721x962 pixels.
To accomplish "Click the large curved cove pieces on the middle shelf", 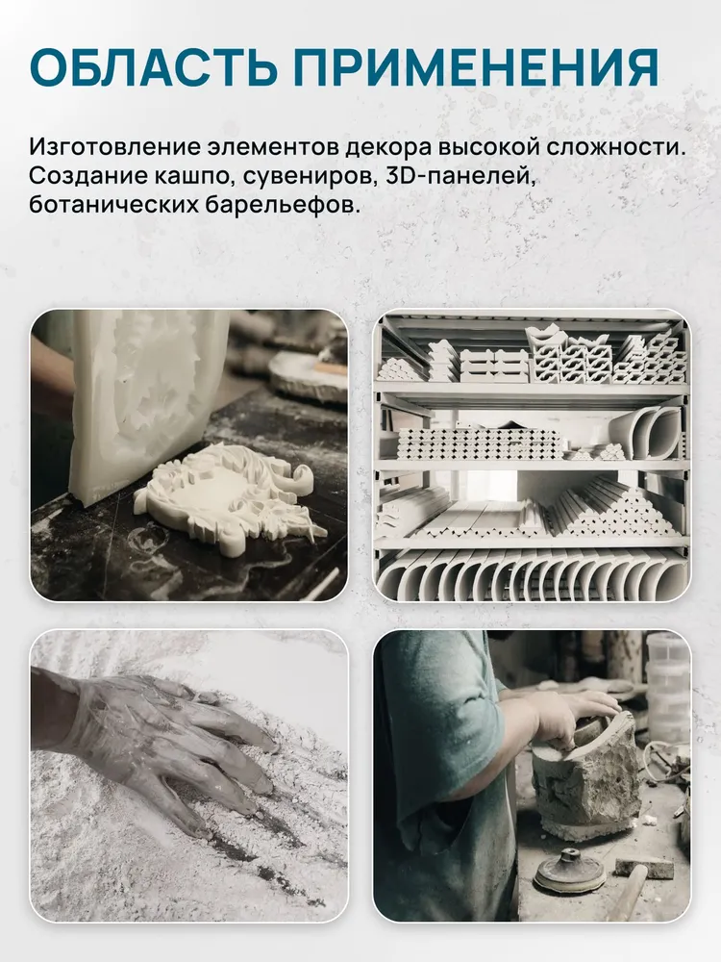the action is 651,433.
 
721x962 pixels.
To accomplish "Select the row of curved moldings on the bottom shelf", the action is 531,575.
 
